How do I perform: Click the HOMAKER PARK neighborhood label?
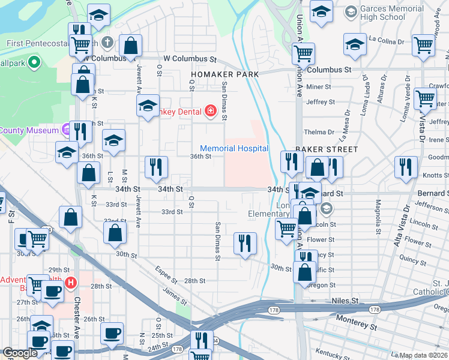click(224, 74)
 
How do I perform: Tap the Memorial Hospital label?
click(234, 148)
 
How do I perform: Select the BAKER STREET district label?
click(327, 149)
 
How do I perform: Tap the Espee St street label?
click(166, 273)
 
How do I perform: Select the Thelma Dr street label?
click(319, 132)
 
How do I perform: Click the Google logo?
click(20, 353)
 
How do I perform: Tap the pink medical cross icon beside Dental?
click(210, 110)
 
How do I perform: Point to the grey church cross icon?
click(107, 43)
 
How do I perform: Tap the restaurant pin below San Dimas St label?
click(245, 243)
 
